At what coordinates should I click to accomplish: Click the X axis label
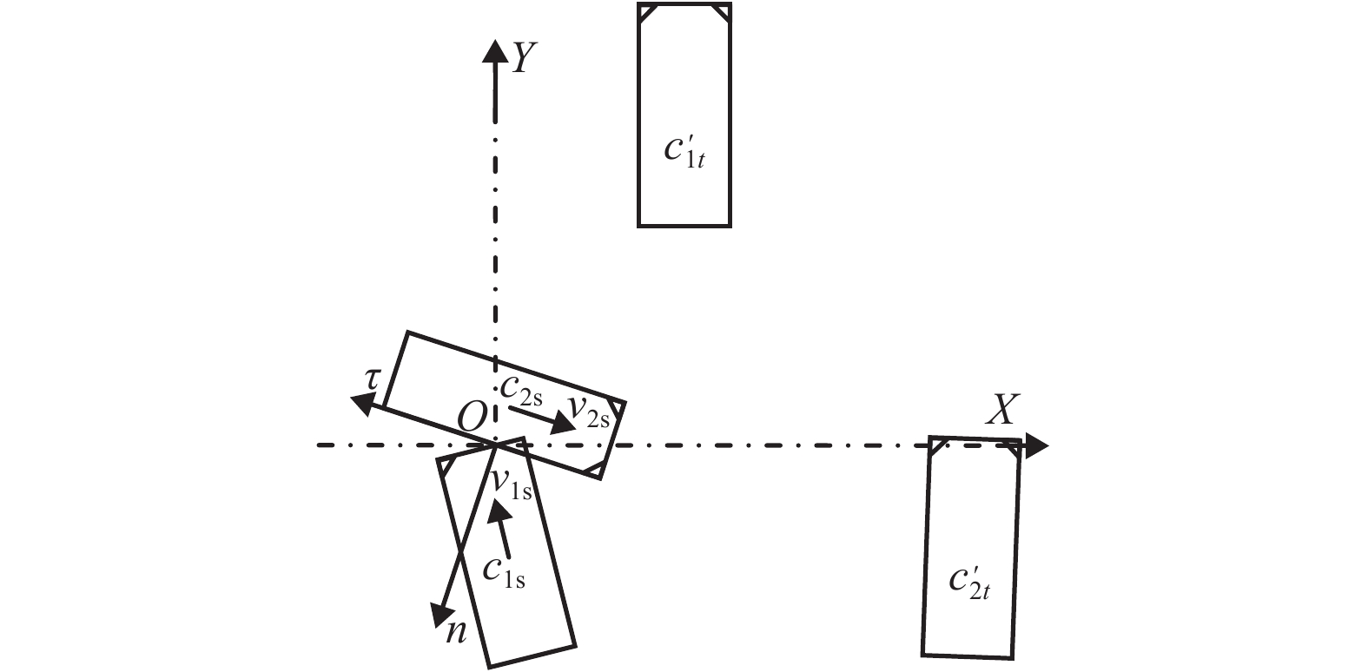click(x=1002, y=409)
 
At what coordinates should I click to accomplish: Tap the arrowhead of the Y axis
click(x=495, y=50)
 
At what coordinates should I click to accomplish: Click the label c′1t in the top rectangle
click(x=684, y=149)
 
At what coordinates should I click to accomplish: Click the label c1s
click(x=505, y=571)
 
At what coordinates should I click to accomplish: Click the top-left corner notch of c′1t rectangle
click(x=647, y=13)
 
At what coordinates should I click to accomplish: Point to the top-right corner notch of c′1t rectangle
click(x=720, y=13)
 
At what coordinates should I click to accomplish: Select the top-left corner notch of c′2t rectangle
click(x=937, y=447)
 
